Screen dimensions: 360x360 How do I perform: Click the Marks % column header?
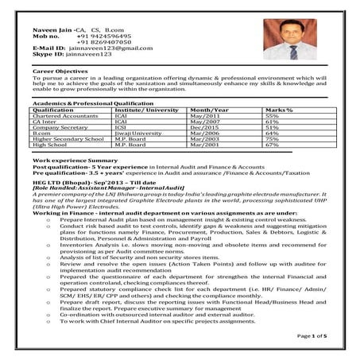point(277,110)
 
